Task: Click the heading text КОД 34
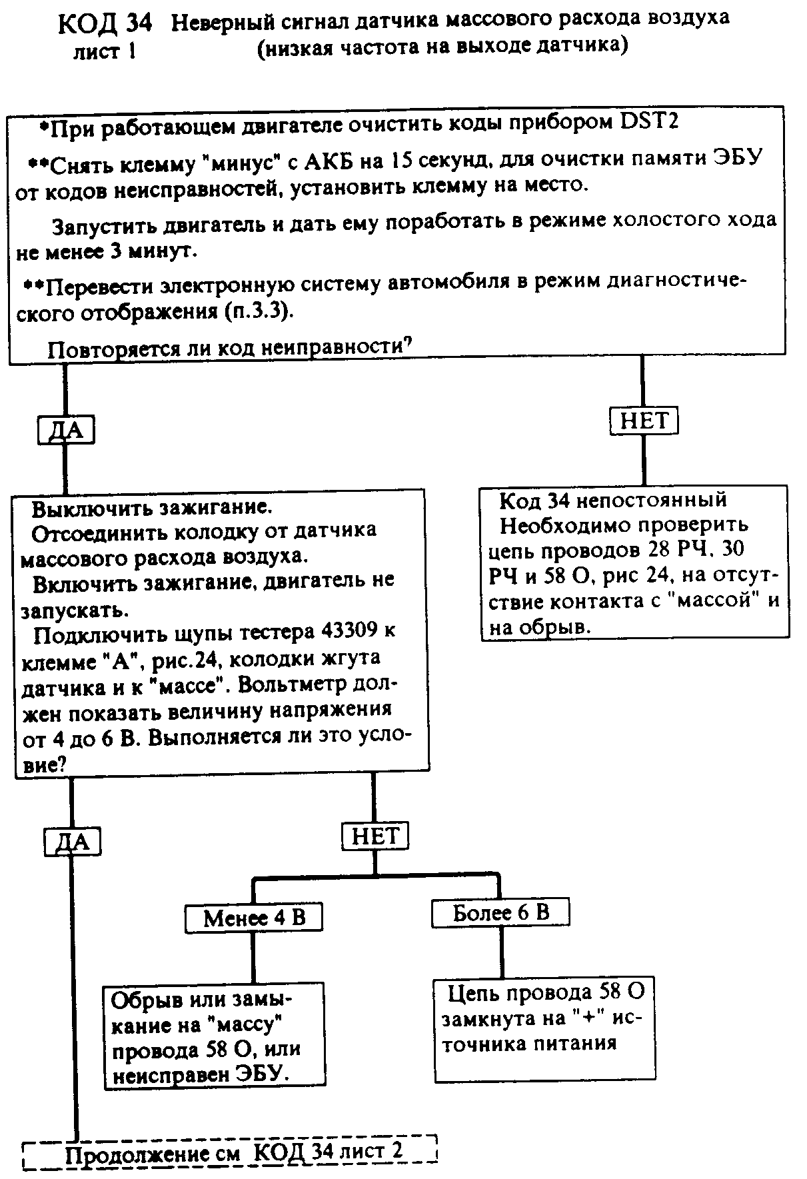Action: coord(105,25)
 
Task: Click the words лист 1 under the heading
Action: coord(105,52)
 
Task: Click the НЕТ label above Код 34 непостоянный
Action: coord(644,421)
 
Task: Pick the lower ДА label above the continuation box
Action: coord(72,842)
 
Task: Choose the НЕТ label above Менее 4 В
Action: coord(375,836)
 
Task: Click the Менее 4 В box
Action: coord(253,918)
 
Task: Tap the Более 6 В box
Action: coord(500,912)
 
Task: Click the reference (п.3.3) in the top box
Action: coord(258,311)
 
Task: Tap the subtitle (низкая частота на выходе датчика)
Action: coord(442,47)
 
